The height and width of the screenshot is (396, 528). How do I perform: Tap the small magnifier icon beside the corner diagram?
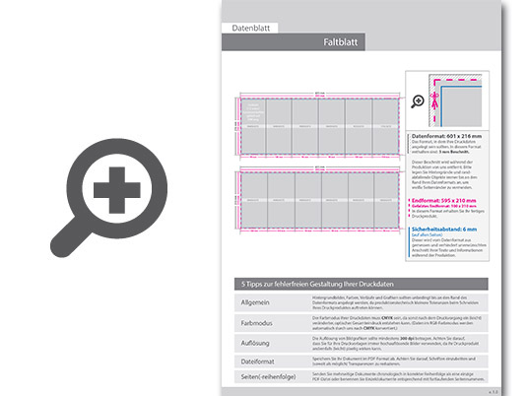[417, 100]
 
